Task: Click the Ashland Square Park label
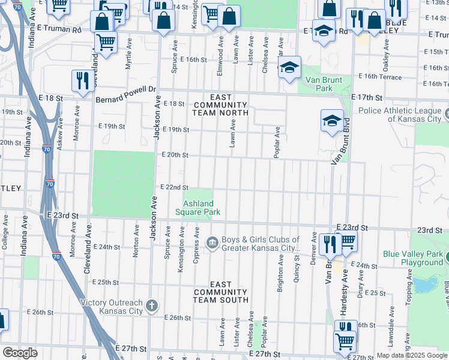pyautogui.click(x=197, y=208)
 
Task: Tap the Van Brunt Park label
pyautogui.click(x=324, y=84)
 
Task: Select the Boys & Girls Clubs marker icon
pyautogui.click(x=212, y=242)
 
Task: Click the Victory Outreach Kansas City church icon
pyautogui.click(x=153, y=305)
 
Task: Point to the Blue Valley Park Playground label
pyautogui.click(x=413, y=258)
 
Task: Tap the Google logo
pyautogui.click(x=20, y=352)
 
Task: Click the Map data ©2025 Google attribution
pyautogui.click(x=412, y=355)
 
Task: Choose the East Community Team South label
pyautogui.click(x=220, y=292)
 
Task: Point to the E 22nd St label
pyautogui.click(x=174, y=188)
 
